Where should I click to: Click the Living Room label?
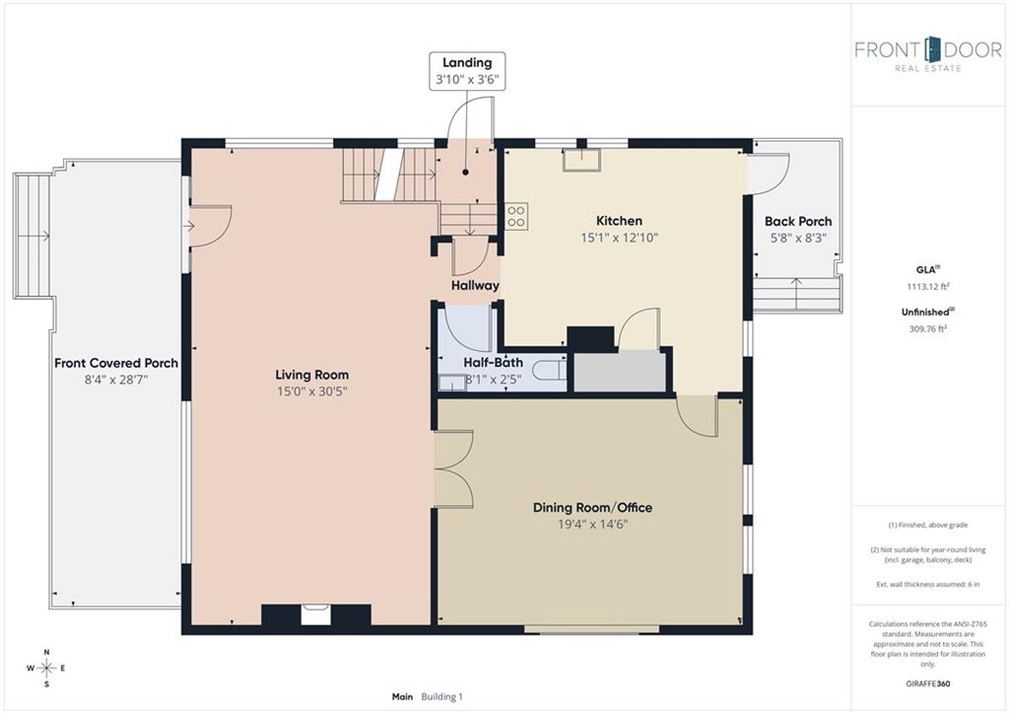coord(312,374)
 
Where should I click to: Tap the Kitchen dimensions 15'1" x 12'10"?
coord(619,238)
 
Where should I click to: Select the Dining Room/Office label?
coord(592,508)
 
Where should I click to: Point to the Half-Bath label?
coord(493,363)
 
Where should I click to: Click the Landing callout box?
coord(467,71)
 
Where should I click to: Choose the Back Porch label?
coord(798,221)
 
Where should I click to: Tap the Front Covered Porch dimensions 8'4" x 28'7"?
coord(116,380)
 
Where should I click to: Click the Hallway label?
coord(475,285)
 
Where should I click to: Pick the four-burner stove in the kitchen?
coord(515,216)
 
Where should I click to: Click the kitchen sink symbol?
coord(581,160)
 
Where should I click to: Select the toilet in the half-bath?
coord(550,372)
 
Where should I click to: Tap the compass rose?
coord(46,668)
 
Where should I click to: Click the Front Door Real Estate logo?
coord(928,53)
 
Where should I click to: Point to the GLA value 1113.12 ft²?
coord(928,287)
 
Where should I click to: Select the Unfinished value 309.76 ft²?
coord(928,328)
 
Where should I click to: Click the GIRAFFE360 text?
coord(927,683)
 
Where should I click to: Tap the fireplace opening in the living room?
coord(315,614)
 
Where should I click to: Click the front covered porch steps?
coord(32,236)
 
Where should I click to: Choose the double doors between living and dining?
coord(453,469)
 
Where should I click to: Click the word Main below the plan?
coord(402,696)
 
